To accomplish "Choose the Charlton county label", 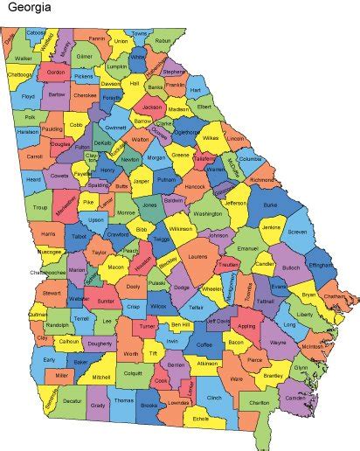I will click(x=260, y=403).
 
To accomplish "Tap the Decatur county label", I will click(x=73, y=402).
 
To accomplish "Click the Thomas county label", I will click(x=124, y=401).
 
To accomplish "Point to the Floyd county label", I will click(x=28, y=96).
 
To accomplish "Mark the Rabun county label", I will click(x=163, y=40).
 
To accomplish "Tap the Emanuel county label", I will click(x=248, y=248).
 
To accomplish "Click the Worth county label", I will click(x=130, y=353).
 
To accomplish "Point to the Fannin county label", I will click(x=96, y=38).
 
